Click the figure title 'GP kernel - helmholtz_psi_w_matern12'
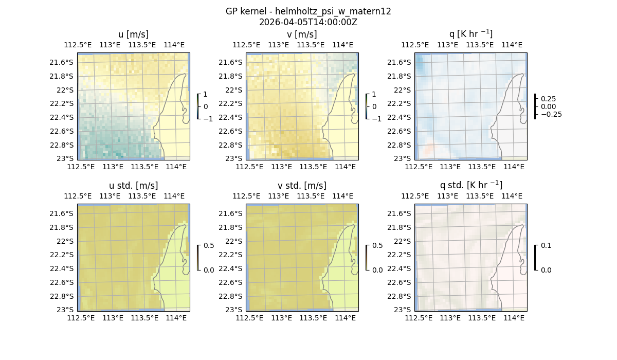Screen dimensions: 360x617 [x=308, y=11]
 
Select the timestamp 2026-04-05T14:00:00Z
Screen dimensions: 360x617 [x=308, y=22]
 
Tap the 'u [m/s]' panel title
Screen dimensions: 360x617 [x=133, y=34]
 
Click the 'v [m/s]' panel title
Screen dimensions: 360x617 [x=302, y=34]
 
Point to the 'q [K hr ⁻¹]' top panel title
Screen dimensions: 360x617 [x=470, y=34]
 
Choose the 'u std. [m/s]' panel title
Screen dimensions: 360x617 [x=133, y=186]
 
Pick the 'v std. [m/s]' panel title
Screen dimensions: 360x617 [x=302, y=186]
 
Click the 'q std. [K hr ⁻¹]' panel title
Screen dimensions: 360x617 [x=470, y=186]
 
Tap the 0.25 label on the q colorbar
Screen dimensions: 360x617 [x=548, y=99]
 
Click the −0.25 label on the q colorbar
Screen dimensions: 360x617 [x=551, y=114]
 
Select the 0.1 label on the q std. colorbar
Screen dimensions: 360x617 [x=545, y=246]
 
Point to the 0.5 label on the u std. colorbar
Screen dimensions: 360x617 [x=209, y=246]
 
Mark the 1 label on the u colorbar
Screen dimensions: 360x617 [x=206, y=95]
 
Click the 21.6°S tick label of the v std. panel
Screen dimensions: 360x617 [x=231, y=213]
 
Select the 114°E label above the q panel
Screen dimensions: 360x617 [x=512, y=45]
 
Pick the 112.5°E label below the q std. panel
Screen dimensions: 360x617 [x=420, y=318]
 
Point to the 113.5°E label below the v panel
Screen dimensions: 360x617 [x=313, y=167]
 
